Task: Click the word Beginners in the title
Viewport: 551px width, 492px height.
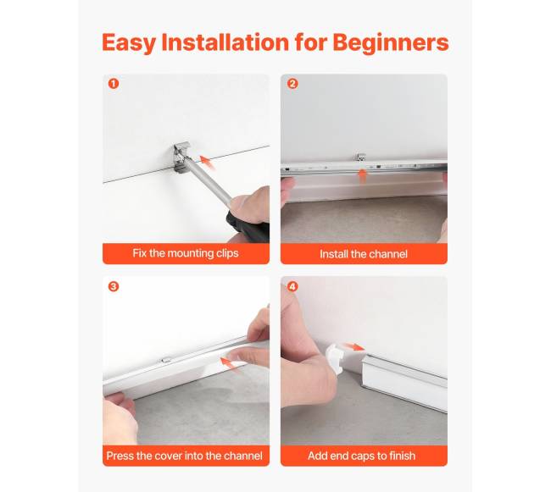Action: pyautogui.click(x=391, y=43)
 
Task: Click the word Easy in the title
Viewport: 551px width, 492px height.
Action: pyautogui.click(x=129, y=43)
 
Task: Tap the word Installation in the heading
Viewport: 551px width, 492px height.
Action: pyautogui.click(x=225, y=42)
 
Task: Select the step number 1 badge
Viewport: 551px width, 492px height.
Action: pyautogui.click(x=114, y=84)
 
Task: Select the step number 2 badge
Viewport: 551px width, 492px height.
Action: pyautogui.click(x=292, y=84)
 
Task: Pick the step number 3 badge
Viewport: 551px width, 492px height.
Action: pyautogui.click(x=114, y=286)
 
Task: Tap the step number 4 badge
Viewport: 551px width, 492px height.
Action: pyautogui.click(x=292, y=286)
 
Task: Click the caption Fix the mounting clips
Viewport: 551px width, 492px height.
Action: pyautogui.click(x=186, y=253)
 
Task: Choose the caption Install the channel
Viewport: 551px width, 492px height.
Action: pyautogui.click(x=364, y=254)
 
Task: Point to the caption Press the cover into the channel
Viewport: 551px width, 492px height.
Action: pyautogui.click(x=185, y=456)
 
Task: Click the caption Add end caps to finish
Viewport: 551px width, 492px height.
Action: pyautogui.click(x=362, y=456)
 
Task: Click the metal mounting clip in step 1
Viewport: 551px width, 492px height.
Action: pyautogui.click(x=182, y=157)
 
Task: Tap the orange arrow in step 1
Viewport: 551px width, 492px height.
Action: pyautogui.click(x=208, y=163)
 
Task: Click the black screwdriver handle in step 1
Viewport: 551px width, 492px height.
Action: pyautogui.click(x=248, y=226)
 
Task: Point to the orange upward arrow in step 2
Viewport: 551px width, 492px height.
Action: pyautogui.click(x=362, y=175)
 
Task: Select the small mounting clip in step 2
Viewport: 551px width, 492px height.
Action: pyautogui.click(x=360, y=157)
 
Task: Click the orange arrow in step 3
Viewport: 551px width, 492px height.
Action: pyautogui.click(x=229, y=362)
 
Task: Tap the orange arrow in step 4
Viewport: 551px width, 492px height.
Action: pyautogui.click(x=354, y=346)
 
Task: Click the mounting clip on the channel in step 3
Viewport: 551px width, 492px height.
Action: pyautogui.click(x=165, y=360)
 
